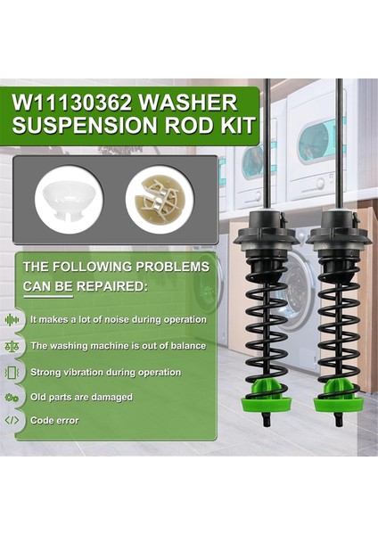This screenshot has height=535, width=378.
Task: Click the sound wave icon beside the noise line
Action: click(12, 319)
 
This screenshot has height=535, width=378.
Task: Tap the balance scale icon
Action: click(12, 345)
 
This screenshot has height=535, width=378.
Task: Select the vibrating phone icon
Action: click(12, 372)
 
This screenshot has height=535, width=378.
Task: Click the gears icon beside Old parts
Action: click(12, 397)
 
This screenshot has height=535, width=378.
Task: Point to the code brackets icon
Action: click(12, 420)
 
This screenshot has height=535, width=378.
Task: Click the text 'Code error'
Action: click(54, 420)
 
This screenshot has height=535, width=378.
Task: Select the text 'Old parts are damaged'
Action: click(81, 397)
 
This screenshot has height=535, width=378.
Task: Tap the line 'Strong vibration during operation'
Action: click(105, 372)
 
